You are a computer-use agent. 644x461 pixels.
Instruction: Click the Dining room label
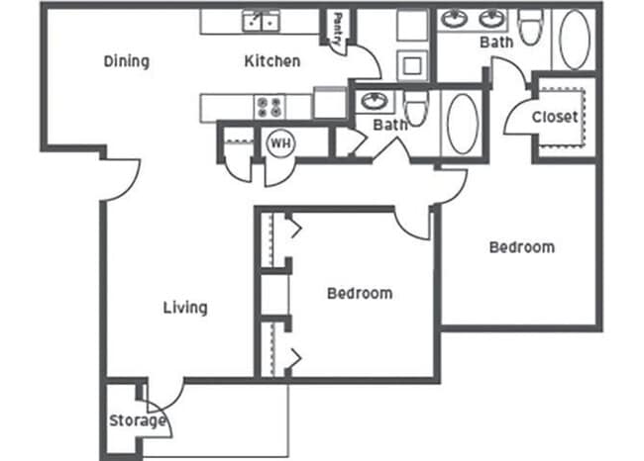tap(127, 61)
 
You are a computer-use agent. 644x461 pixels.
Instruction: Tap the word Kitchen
tap(272, 61)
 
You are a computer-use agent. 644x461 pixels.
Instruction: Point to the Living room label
tap(185, 308)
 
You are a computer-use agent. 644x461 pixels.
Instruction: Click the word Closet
tap(555, 117)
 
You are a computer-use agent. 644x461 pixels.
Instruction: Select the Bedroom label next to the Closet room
tap(522, 247)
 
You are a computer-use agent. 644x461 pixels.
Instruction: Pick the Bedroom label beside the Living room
tap(360, 294)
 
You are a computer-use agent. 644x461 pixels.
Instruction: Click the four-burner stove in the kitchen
tap(269, 105)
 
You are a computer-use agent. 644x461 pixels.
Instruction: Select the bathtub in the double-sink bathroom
tap(574, 41)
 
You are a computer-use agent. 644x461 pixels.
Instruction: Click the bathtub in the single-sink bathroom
tap(462, 123)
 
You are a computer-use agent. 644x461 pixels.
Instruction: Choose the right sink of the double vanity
tap(492, 20)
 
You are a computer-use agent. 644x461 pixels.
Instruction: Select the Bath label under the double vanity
tap(495, 43)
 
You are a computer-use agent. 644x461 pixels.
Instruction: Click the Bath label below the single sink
tap(388, 125)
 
